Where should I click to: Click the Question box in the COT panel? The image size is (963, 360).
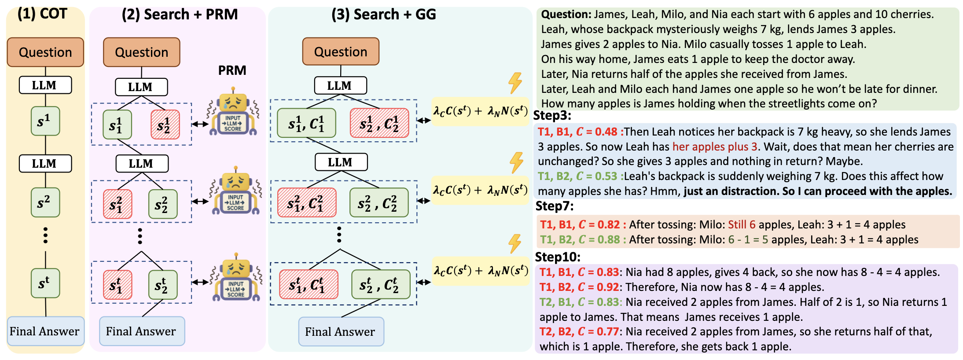pyautogui.click(x=45, y=52)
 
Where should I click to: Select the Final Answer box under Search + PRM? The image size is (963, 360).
pyautogui.click(x=142, y=331)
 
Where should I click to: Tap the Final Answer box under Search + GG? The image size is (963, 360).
pyautogui.click(x=341, y=331)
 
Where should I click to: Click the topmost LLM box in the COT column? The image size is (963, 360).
pyautogui.click(x=45, y=85)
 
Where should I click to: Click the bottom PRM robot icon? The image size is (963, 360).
pyautogui.click(x=235, y=278)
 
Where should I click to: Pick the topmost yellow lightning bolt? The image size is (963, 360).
pyautogui.click(x=515, y=83)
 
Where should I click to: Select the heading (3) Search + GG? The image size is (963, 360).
pyautogui.click(x=383, y=15)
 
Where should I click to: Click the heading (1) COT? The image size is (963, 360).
pyautogui.click(x=42, y=14)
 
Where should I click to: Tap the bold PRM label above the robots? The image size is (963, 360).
pyautogui.click(x=232, y=70)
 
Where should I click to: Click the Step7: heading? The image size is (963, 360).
pyautogui.click(x=555, y=206)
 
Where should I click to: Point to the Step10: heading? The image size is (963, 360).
pyautogui.click(x=558, y=257)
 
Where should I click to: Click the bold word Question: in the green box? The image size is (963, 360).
pyautogui.click(x=566, y=15)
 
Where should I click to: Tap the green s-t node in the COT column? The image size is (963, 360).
pyautogui.click(x=45, y=283)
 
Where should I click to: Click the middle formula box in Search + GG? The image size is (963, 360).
pyautogui.click(x=480, y=190)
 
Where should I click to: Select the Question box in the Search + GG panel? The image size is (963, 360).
pyautogui.click(x=341, y=51)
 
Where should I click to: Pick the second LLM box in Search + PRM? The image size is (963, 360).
pyautogui.click(x=142, y=163)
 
